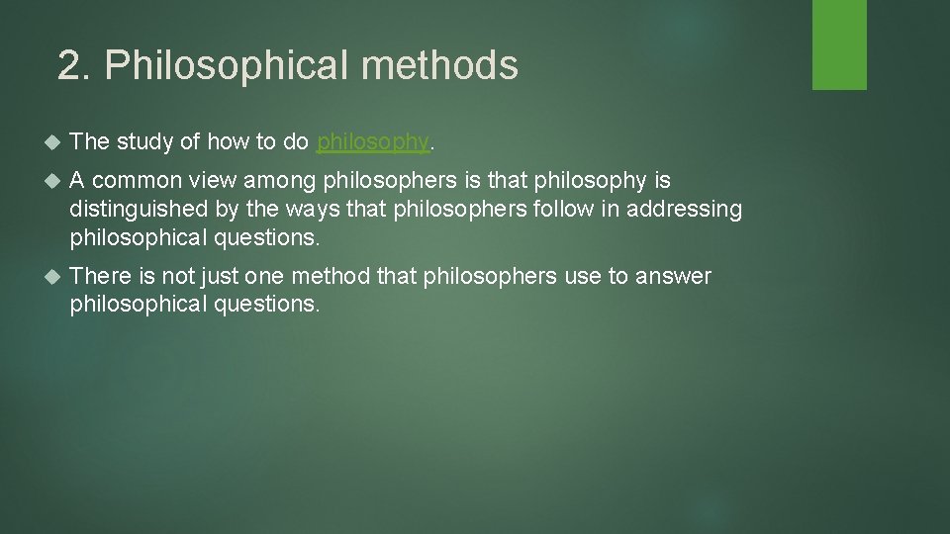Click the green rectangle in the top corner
click(839, 44)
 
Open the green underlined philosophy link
click(373, 142)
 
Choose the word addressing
click(684, 209)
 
